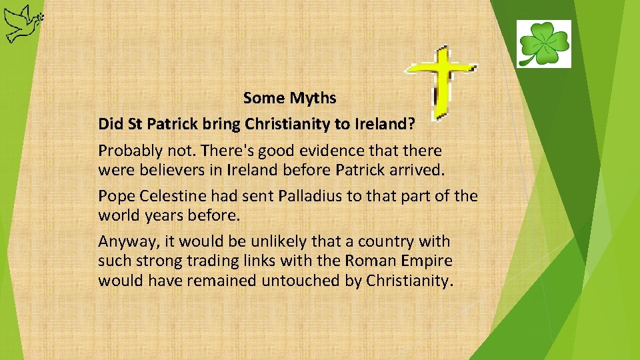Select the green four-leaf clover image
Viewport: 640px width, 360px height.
tap(543, 44)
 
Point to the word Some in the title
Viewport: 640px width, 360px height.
tap(264, 99)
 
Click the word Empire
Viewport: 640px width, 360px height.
tap(428, 261)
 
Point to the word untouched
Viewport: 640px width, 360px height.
tap(301, 281)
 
